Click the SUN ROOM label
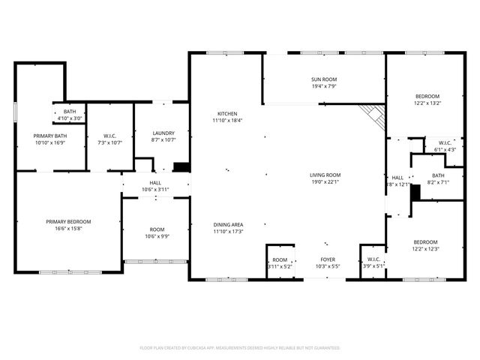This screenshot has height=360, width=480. [x=324, y=79]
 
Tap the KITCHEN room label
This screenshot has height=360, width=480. [x=228, y=113]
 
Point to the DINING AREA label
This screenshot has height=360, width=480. [x=228, y=224]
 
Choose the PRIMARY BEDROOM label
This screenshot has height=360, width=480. [x=68, y=221]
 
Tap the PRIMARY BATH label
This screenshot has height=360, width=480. [x=49, y=136]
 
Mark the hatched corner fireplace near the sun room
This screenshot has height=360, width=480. [x=371, y=115]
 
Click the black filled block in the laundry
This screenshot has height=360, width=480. [x=181, y=168]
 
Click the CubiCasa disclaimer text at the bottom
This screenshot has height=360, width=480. [x=240, y=348]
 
